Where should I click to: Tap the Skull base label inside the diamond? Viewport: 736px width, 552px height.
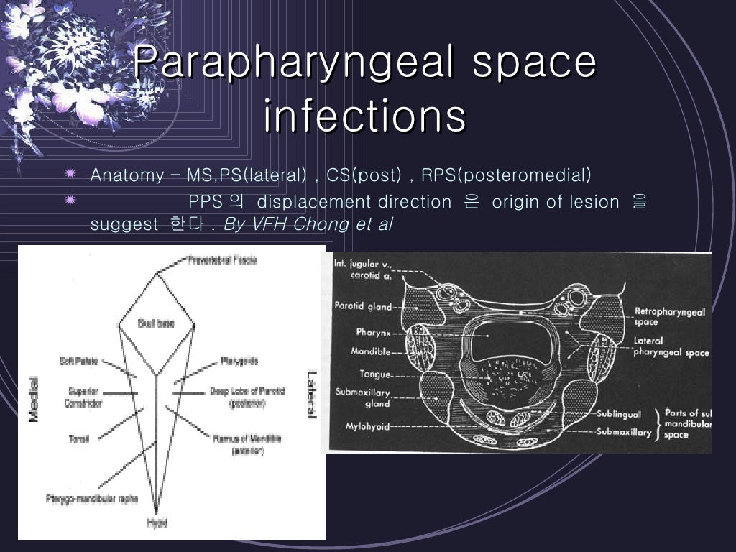coord(157,324)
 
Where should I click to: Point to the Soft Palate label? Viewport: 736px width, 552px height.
coord(80,360)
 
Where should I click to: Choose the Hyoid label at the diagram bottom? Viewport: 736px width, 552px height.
coord(157,523)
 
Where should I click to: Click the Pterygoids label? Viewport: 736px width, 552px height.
coord(239,360)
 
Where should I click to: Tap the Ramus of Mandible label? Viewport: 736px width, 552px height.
coord(247,443)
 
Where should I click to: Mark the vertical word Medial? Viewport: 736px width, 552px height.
coord(33,400)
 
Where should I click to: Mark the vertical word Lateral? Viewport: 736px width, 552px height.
coord(312,393)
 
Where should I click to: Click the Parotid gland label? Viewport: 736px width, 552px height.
coord(363,306)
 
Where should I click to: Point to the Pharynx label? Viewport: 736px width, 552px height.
coord(373,332)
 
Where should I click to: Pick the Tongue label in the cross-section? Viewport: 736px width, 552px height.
coord(375,374)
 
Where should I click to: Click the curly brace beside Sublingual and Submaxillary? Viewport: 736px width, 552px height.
coord(658,423)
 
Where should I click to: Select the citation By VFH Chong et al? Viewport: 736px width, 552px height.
coord(308,224)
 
